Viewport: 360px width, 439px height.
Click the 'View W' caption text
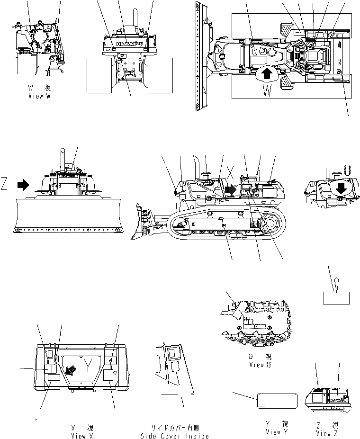pos(39,95)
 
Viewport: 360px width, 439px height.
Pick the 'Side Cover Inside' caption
pos(174,436)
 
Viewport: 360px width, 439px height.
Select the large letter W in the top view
pos(267,89)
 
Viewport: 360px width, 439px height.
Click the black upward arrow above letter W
pos(267,73)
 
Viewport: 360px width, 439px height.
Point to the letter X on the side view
pos(231,172)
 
